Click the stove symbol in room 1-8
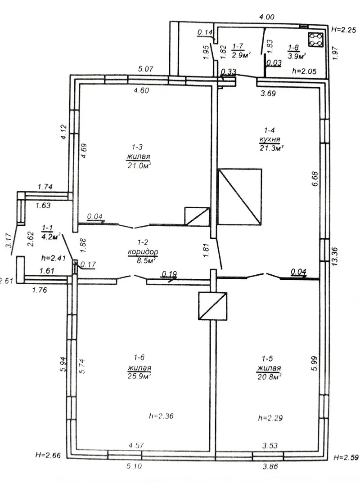pyautogui.click(x=315, y=40)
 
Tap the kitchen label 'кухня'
pyautogui.click(x=270, y=139)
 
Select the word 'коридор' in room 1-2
pyautogui.click(x=143, y=252)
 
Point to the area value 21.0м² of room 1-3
pyautogui.click(x=139, y=165)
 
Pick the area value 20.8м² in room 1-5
pyautogui.click(x=270, y=376)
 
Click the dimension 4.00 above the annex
pyautogui.click(x=266, y=17)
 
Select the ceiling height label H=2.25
pyautogui.click(x=344, y=30)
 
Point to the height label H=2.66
pyautogui.click(x=48, y=455)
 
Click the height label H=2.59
pyautogui.click(x=346, y=457)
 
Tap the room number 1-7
pyautogui.click(x=238, y=46)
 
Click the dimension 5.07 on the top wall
pyautogui.click(x=145, y=69)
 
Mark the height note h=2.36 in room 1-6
pyautogui.click(x=161, y=416)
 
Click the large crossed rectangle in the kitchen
pyautogui.click(x=240, y=197)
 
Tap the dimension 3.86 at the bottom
pyautogui.click(x=270, y=466)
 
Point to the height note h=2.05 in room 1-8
pyautogui.click(x=304, y=71)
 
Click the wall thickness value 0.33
pyautogui.click(x=229, y=72)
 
